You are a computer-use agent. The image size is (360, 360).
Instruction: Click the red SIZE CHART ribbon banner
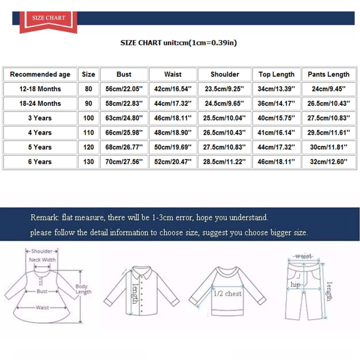pos(48,22)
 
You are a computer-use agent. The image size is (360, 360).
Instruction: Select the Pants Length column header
pos(329,75)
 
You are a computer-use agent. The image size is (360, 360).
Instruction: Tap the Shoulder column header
pos(224,75)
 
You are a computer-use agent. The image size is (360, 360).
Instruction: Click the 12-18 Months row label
pos(40,89)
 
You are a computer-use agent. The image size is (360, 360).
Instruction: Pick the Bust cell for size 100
pos(124,118)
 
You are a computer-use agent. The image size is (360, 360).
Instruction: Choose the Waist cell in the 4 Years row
pos(173,132)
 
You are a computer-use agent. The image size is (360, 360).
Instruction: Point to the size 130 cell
pos(88,161)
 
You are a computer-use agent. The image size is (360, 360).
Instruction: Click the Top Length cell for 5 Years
pos(276,147)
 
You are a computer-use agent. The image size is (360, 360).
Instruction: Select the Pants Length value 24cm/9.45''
pos(329,89)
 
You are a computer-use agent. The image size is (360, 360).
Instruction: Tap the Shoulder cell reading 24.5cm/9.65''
pos(224,104)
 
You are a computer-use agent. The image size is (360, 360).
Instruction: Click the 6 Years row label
pos(40,161)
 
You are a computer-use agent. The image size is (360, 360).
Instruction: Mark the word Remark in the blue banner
pos(45,217)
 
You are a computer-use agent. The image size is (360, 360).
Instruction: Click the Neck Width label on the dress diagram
pos(42,260)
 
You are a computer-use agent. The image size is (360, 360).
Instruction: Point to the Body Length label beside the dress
pos(83,289)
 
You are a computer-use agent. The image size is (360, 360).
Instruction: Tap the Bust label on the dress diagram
pos(42,291)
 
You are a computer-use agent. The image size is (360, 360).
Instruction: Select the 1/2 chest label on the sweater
pos(228,294)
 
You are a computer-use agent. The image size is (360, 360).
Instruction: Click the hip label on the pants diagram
pos(295,285)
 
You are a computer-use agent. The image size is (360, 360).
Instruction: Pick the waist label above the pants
pos(304,256)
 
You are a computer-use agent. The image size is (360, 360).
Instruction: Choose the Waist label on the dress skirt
pos(42,307)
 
